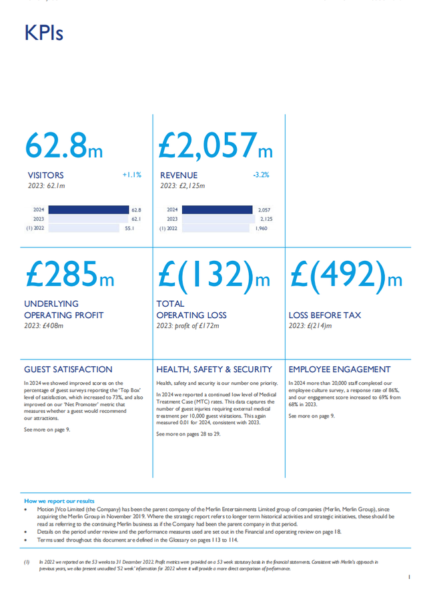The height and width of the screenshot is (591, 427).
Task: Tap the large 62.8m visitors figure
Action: pyautogui.click(x=64, y=147)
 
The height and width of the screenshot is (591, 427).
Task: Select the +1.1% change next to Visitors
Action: pyautogui.click(x=131, y=175)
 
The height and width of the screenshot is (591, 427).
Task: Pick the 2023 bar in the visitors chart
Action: pyautogui.click(x=87, y=219)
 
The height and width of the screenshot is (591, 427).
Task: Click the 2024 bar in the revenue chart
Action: pyautogui.click(x=218, y=209)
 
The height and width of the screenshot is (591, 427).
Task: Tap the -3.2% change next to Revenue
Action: pyautogui.click(x=261, y=175)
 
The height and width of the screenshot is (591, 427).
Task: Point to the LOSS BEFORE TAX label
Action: pyautogui.click(x=324, y=315)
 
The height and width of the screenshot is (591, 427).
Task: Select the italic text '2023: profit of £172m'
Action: pyautogui.click(x=187, y=326)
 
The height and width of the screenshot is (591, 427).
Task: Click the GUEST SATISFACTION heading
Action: pyautogui.click(x=68, y=369)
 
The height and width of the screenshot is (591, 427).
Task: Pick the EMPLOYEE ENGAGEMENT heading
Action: pyautogui.click(x=340, y=369)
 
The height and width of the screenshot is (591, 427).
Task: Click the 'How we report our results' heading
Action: pyautogui.click(x=59, y=501)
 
